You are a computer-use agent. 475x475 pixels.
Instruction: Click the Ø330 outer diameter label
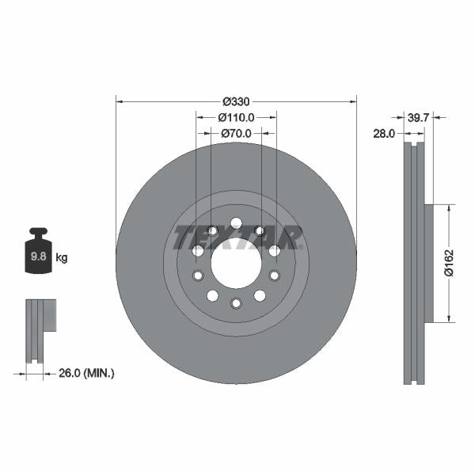pyautogui.click(x=236, y=101)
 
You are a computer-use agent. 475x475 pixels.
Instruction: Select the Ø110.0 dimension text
pyautogui.click(x=236, y=117)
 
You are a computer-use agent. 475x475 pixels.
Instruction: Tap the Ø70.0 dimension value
pyautogui.click(x=236, y=133)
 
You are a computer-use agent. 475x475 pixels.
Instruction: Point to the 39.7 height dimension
pyautogui.click(x=417, y=117)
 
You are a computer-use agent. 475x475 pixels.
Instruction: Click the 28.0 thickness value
pyautogui.click(x=383, y=134)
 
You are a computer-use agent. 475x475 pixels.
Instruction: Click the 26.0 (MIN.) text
pyautogui.click(x=87, y=372)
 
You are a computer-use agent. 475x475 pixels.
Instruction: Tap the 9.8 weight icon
pyautogui.click(x=38, y=252)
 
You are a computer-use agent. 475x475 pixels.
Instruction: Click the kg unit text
pyautogui.click(x=62, y=258)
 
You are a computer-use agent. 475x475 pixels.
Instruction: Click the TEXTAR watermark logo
pyautogui.click(x=236, y=237)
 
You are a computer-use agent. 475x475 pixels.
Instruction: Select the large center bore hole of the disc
pyautogui.click(x=236, y=263)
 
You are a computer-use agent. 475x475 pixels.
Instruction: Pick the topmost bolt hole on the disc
pyautogui.click(x=236, y=222)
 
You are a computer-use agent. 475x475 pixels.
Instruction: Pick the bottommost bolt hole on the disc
pyautogui.click(x=236, y=303)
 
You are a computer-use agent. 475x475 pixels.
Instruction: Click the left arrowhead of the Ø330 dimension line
pyautogui.click(x=120, y=101)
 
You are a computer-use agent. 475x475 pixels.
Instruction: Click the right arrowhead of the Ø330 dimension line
pyautogui.click(x=352, y=101)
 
